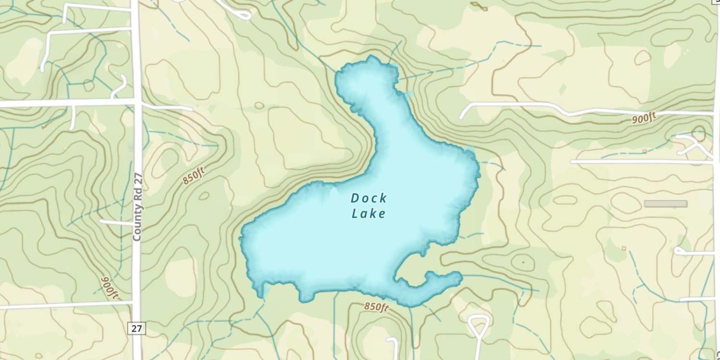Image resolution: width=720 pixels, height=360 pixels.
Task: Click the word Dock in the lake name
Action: pyautogui.click(x=369, y=198)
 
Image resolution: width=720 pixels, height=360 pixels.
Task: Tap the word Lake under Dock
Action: pyautogui.click(x=369, y=214)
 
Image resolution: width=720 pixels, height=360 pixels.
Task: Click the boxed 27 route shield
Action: pyautogui.click(x=137, y=328)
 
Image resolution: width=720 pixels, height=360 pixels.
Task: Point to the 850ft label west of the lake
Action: pyautogui.click(x=193, y=178)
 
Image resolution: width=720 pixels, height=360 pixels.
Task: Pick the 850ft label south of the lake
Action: pyautogui.click(x=376, y=306)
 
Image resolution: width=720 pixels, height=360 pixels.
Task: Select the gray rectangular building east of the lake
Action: pyautogui.click(x=665, y=204)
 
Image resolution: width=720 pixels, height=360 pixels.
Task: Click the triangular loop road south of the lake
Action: pyautogui.click(x=479, y=326)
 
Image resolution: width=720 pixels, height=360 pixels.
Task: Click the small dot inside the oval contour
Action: pyautogui.click(x=523, y=263)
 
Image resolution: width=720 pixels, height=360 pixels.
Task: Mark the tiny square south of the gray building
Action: pyautogui.click(x=624, y=248)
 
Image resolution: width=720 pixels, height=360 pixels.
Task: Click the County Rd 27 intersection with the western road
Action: pyautogui.click(x=136, y=102)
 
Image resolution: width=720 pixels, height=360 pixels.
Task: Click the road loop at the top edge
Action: pyautogui.click(x=242, y=14)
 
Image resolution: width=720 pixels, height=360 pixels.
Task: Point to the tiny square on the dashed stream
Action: pyautogui.click(x=644, y=152)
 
